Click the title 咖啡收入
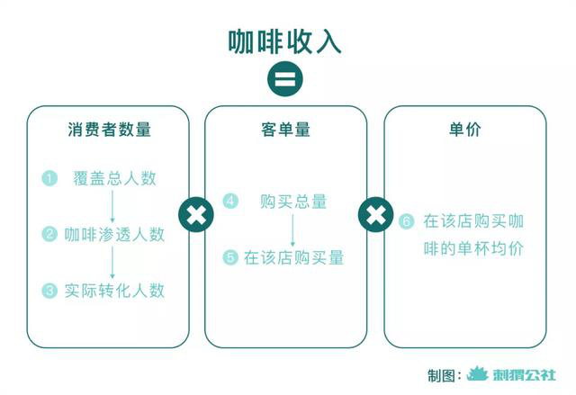coord(284,42)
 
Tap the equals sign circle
coord(285,79)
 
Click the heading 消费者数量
coord(109,130)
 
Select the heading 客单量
coord(285,130)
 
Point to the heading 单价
coord(464,130)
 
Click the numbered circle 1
coord(49,178)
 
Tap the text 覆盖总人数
coord(114,178)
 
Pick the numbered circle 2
coord(49,234)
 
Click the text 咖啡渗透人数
coord(114,235)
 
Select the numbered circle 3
coord(49,291)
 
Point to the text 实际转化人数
coord(114,291)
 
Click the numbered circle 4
coord(230,201)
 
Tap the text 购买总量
coord(293,202)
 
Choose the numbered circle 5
coord(230,257)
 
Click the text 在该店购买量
coord(294,257)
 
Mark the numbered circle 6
coord(406,221)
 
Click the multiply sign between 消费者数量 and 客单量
coord(196,214)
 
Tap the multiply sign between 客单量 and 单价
coord(375,214)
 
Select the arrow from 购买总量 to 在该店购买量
coord(292,230)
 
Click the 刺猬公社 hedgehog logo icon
coord(478,374)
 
